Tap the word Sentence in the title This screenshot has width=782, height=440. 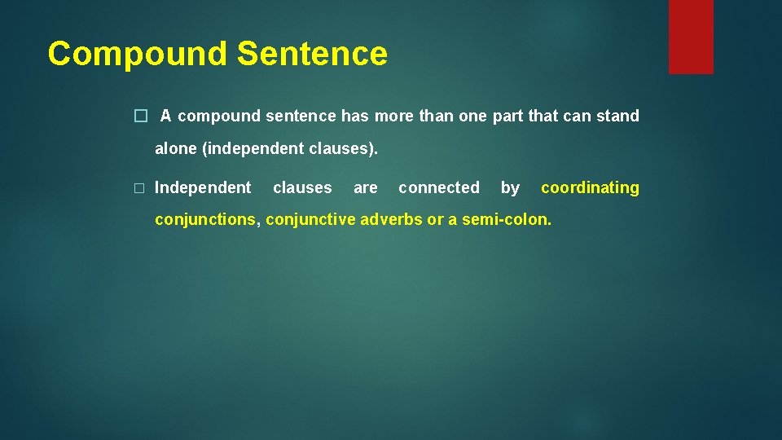[312, 54]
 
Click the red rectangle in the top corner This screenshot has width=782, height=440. [691, 37]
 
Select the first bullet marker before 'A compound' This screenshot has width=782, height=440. [139, 117]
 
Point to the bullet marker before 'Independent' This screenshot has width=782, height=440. [139, 188]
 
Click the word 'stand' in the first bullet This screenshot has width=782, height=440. [617, 116]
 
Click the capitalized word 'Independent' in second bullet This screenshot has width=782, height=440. [203, 187]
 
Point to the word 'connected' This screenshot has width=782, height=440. [439, 187]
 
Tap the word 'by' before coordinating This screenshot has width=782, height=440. [510, 187]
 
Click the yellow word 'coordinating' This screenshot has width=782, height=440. [590, 187]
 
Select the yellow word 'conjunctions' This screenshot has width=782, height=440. [205, 219]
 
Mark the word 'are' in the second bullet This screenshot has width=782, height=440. [365, 187]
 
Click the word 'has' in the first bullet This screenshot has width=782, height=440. [354, 116]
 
